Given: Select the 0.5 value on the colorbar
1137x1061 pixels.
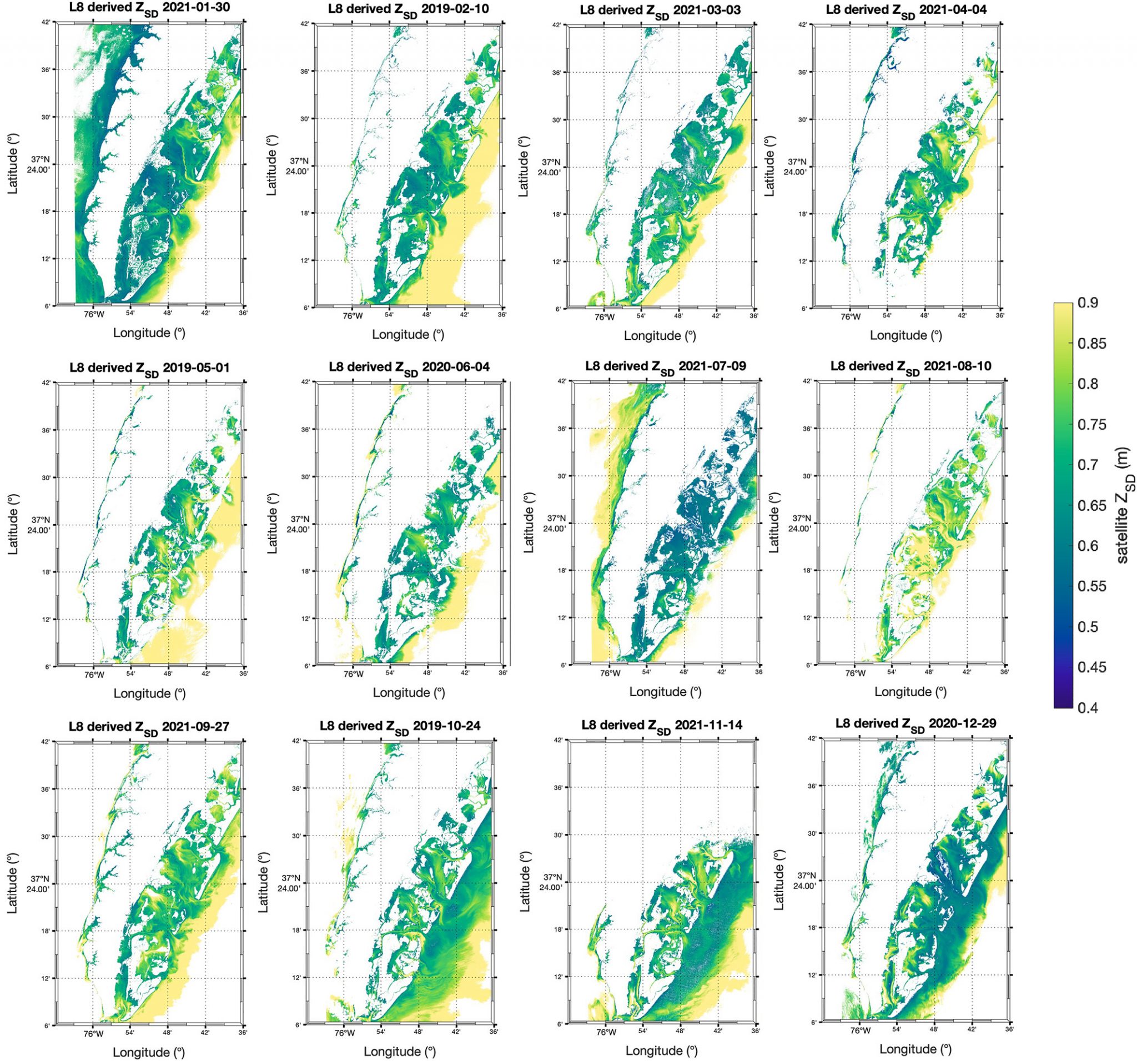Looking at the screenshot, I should [x=1088, y=626].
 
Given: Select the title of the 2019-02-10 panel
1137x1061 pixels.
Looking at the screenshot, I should [x=409, y=11].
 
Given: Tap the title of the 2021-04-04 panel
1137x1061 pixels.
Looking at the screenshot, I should [x=906, y=11].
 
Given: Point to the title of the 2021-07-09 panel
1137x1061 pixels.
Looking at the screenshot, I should [x=665, y=366].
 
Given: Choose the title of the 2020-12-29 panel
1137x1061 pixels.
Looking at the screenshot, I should [x=915, y=723].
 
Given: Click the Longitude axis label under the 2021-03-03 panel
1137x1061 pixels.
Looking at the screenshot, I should [x=660, y=336].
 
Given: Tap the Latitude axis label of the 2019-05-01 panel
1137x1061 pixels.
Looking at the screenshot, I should [x=13, y=524].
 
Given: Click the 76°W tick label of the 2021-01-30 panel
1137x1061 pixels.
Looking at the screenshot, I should [x=94, y=314].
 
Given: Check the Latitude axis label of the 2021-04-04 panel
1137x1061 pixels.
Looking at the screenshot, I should [x=769, y=167].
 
